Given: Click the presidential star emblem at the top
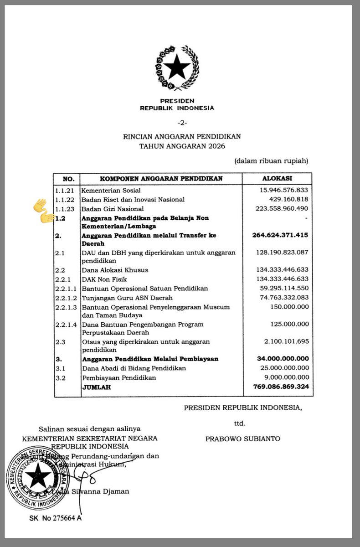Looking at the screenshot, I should tap(177, 68).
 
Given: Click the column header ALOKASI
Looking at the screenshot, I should tap(277, 178).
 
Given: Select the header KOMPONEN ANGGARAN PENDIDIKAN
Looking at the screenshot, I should tap(161, 178).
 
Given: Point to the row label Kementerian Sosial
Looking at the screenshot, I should tap(111, 190).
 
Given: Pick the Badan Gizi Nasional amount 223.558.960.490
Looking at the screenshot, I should tap(280, 209).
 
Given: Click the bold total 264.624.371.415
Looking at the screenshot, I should tap(280, 235).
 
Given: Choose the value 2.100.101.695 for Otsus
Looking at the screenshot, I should tap(283, 341).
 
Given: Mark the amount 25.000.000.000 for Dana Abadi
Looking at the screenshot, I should tap(280, 368).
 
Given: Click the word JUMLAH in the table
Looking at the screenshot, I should tap(96, 387).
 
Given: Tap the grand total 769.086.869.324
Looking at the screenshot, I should tap(280, 387).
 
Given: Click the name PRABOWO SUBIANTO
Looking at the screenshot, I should tap(242, 439).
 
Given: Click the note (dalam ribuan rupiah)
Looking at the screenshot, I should tap(272, 161).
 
